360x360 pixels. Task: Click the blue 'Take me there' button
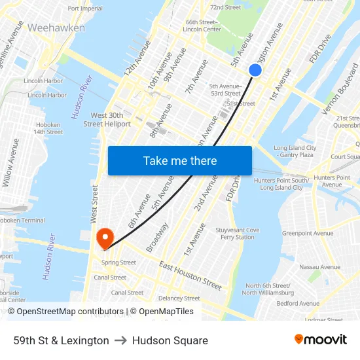(180, 161)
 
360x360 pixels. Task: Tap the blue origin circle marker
(255, 70)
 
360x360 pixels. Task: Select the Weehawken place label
(56, 28)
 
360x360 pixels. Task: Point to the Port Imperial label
(85, 9)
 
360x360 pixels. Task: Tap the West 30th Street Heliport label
(107, 119)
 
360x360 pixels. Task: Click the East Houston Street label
(190, 276)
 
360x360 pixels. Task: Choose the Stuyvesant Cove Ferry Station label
(238, 234)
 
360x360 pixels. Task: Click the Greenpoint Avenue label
(308, 233)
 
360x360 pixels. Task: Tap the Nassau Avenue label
(319, 267)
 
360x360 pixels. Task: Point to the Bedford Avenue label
(298, 303)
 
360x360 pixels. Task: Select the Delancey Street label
(179, 298)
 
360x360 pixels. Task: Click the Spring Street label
(118, 262)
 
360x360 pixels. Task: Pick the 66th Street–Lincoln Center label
(202, 26)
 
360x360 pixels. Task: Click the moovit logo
(320, 339)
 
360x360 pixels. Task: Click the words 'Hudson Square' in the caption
(170, 340)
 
